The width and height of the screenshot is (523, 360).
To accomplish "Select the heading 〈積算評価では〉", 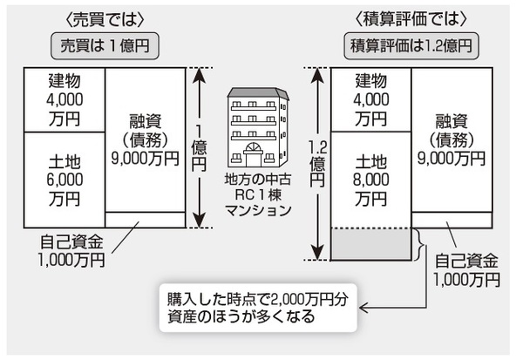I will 411,18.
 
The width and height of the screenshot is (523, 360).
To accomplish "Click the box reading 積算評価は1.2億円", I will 411,43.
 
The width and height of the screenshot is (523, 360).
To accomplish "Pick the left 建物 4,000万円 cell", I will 65,98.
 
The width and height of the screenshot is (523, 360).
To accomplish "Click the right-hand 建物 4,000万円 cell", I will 370,98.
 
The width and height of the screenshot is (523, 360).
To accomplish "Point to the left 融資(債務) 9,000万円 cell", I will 146,139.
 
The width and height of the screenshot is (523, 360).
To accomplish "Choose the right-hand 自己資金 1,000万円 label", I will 466,269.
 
